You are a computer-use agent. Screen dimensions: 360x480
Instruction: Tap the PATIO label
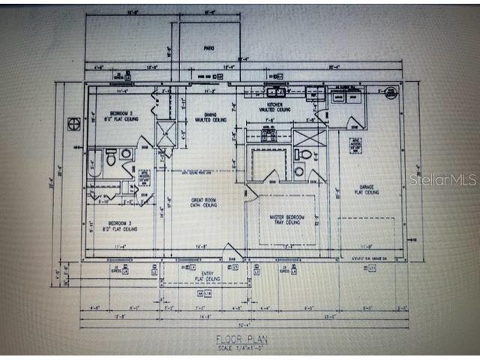209,49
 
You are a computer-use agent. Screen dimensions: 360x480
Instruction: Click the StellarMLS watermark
442,180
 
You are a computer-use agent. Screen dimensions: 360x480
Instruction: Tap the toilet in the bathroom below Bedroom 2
110,157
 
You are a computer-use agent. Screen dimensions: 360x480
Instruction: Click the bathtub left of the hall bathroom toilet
94,164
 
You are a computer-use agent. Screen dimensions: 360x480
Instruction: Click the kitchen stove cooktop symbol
268,136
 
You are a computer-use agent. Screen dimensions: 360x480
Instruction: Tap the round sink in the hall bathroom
125,154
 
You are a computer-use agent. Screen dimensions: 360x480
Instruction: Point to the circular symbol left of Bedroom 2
73,123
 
